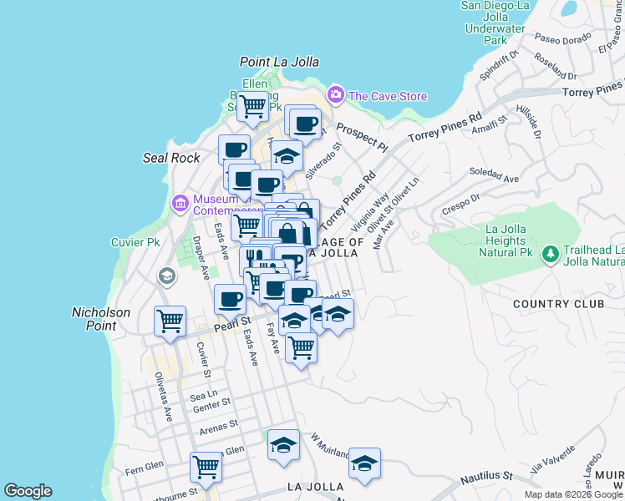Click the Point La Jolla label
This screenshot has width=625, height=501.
pyautogui.click(x=279, y=62)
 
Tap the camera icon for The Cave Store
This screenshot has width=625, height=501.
pyautogui.click(x=336, y=95)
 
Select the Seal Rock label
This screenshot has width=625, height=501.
pyautogui.click(x=171, y=158)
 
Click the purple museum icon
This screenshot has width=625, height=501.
pyautogui.click(x=180, y=203)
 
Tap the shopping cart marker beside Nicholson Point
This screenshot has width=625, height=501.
pyautogui.click(x=170, y=320)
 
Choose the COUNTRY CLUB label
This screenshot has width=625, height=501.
pyautogui.click(x=558, y=304)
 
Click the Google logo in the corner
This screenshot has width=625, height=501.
pyautogui.click(x=28, y=491)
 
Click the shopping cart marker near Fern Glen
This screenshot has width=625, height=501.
pyautogui.click(x=206, y=467)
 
